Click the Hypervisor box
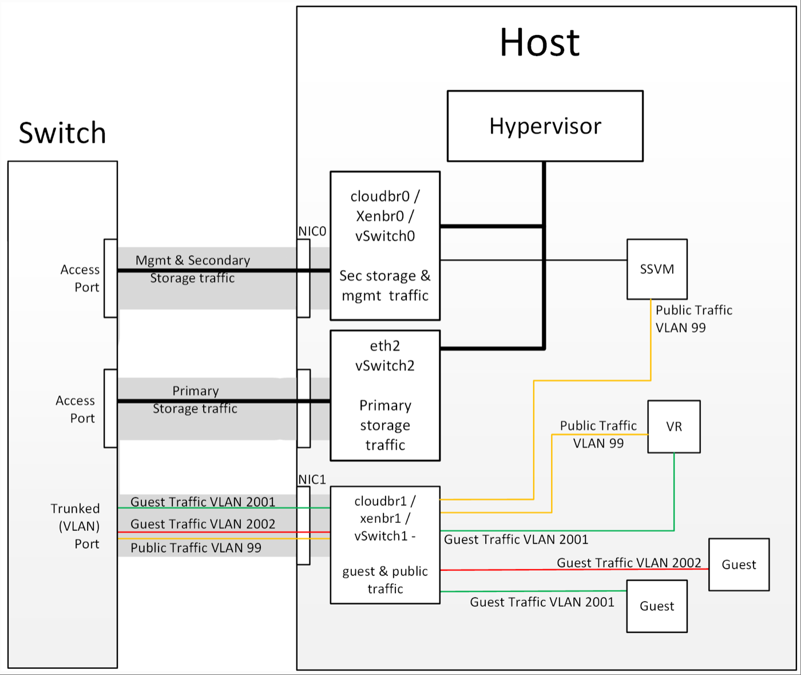tap(545, 126)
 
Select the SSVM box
tap(657, 269)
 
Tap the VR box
tap(674, 427)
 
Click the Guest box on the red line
tap(739, 565)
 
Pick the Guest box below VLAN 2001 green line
tap(657, 606)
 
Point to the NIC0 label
tap(312, 231)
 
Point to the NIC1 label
tap(312, 479)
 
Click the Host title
tap(540, 43)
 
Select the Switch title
tap(62, 133)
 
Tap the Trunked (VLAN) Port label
tap(76, 526)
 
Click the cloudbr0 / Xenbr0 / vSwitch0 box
tap(385, 245)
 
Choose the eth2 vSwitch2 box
tap(385, 395)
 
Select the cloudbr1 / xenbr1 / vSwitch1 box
tap(385, 545)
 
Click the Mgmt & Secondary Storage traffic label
tap(193, 269)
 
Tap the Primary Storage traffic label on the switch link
tap(195, 400)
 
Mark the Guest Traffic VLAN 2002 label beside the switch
tap(203, 524)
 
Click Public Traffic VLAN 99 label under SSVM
tap(693, 319)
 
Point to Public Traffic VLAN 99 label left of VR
tap(598, 434)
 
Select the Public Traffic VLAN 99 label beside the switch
tap(196, 548)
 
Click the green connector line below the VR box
tap(674, 492)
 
